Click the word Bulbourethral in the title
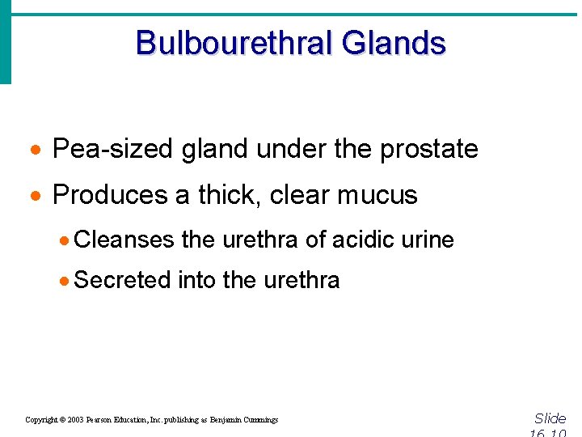point(234,43)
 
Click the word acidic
point(361,240)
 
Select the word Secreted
point(122,280)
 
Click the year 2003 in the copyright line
point(74,420)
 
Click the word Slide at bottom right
point(550,418)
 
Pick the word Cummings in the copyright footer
point(259,420)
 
